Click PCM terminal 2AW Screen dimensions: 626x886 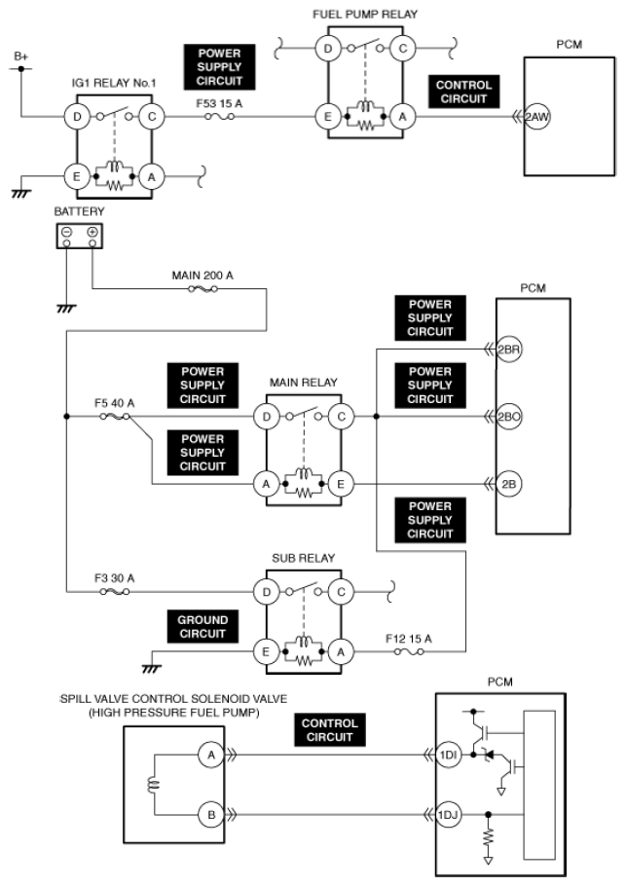(x=536, y=117)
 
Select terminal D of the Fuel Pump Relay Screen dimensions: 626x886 (x=328, y=49)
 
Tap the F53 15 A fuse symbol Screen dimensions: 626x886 (x=219, y=117)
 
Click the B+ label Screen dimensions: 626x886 (x=20, y=56)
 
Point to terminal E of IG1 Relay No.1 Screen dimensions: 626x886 (x=77, y=177)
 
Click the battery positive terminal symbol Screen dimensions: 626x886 (x=92, y=232)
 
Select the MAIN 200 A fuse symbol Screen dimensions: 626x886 (x=203, y=289)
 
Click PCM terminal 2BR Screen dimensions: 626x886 (x=508, y=350)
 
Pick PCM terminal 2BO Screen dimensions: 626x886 (x=508, y=417)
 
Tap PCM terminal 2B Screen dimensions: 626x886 (x=508, y=484)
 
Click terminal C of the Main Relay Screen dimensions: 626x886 (x=341, y=417)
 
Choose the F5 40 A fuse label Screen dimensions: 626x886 (x=114, y=403)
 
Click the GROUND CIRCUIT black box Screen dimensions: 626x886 (x=203, y=627)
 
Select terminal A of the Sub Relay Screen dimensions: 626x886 (x=341, y=652)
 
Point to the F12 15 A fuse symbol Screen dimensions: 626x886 (x=409, y=652)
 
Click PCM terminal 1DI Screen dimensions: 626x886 (x=448, y=755)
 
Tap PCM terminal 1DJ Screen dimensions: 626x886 (x=448, y=815)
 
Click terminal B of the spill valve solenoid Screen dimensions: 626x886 (x=211, y=815)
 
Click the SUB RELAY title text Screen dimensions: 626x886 (x=304, y=558)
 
